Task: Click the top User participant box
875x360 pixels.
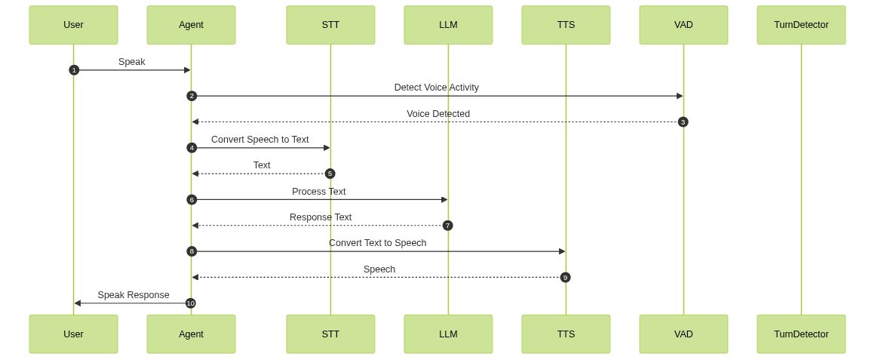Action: (x=73, y=25)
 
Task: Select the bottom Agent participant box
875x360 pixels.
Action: (x=191, y=334)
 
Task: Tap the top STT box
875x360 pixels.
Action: (x=330, y=25)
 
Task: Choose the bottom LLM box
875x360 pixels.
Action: (x=448, y=334)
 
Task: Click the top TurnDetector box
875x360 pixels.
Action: (x=801, y=25)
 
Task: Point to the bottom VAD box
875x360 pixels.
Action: (x=683, y=334)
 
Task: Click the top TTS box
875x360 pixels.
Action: (x=566, y=25)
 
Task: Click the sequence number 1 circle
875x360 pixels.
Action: (x=74, y=70)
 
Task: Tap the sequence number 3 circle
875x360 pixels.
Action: (x=683, y=122)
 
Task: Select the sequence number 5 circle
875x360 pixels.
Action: (x=330, y=174)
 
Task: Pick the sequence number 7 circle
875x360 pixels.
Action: (x=447, y=226)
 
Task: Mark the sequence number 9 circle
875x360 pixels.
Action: (x=565, y=277)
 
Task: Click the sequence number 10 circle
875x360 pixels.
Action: (x=191, y=303)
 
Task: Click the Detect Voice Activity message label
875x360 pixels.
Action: (x=436, y=88)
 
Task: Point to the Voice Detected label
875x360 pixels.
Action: (x=437, y=114)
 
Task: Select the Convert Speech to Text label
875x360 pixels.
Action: (x=260, y=140)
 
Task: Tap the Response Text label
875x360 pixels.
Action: (x=321, y=217)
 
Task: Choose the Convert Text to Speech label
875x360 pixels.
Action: (x=377, y=243)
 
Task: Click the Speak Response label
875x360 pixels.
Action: (x=134, y=295)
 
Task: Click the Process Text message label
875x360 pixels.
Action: (x=319, y=192)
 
